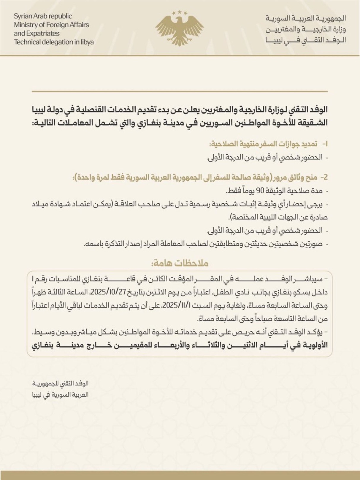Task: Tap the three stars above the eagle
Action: click(180, 13)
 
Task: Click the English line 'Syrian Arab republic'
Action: click(43, 16)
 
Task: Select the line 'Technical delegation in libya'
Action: click(54, 42)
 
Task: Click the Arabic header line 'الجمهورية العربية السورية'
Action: click(306, 18)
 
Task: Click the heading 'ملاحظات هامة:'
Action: click(180, 263)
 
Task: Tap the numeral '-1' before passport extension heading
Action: click(324, 144)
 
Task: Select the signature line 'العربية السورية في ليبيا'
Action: click(61, 395)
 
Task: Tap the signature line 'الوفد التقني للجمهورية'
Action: click(61, 384)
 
